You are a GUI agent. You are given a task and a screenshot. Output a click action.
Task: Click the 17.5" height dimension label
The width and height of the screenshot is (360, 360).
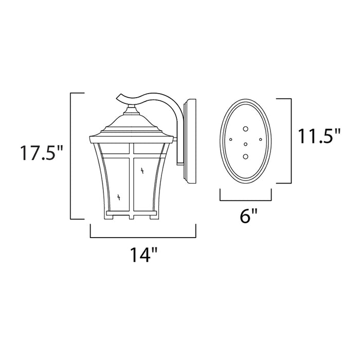click(42, 154)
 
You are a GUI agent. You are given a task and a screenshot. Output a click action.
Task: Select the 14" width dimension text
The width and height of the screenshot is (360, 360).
click(142, 255)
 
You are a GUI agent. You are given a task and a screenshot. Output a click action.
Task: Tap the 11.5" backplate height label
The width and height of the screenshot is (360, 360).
click(319, 137)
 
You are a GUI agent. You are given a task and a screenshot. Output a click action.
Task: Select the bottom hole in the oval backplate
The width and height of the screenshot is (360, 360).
click(246, 156)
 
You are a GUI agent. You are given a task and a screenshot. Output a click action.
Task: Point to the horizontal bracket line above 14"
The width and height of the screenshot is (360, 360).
click(143, 238)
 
